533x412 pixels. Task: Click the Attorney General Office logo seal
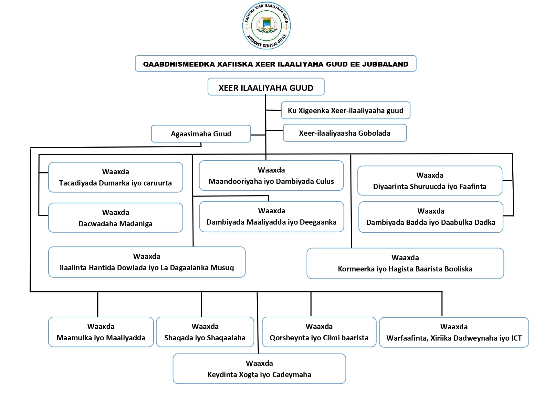[x=266, y=26]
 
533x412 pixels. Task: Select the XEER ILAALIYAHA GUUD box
[x=266, y=87]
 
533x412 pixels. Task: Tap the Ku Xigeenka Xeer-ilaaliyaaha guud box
[x=345, y=111]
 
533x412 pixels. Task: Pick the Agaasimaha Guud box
[x=201, y=134]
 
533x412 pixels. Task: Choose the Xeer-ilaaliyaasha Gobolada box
[x=344, y=133]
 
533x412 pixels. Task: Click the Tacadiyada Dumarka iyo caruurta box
[x=115, y=177]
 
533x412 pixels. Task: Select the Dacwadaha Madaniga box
[x=115, y=218]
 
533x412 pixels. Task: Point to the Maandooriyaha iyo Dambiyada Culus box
[x=271, y=176]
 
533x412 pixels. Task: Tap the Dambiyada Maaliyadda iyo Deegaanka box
[x=271, y=217]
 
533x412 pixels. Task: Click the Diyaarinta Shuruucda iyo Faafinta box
[x=430, y=181]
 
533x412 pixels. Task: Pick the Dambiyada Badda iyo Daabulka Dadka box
[x=431, y=217]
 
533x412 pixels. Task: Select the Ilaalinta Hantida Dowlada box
[x=147, y=262]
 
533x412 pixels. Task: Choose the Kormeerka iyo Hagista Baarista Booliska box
[x=405, y=263]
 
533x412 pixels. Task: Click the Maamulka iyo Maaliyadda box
[x=101, y=332]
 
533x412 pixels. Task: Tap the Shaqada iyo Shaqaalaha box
[x=205, y=332]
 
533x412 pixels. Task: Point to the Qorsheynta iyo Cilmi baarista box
[x=319, y=332]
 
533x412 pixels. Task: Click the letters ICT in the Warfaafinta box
[x=516, y=338]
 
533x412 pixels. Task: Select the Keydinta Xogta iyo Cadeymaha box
[x=259, y=369]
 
